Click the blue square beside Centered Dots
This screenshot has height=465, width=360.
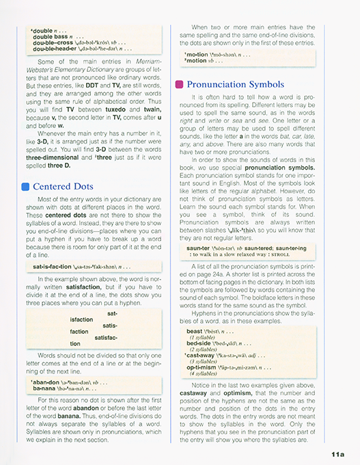point(25,186)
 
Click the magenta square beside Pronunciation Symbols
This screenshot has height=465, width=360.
point(179,84)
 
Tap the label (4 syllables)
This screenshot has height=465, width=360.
point(205,374)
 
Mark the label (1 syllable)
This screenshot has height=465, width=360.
point(203,338)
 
